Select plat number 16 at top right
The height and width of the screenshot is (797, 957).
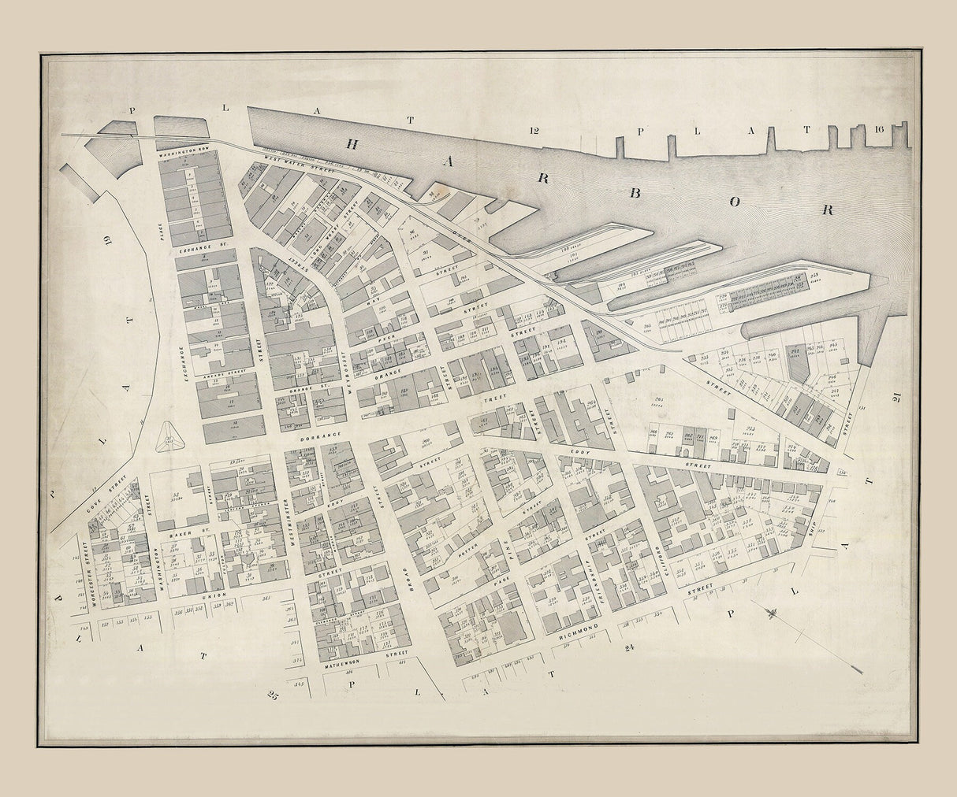coord(880,130)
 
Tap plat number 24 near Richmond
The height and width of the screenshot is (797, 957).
coord(628,648)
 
